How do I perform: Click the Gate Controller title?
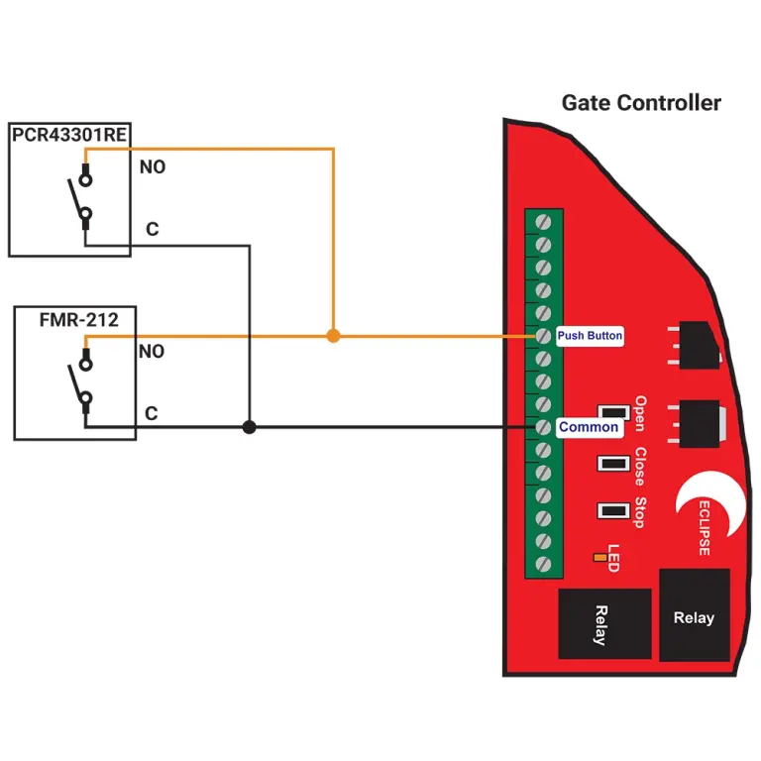coord(641,103)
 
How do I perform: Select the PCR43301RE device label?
coord(69,135)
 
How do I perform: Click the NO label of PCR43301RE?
coord(152,167)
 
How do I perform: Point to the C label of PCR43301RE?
coord(152,230)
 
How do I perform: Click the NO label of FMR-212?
coord(152,352)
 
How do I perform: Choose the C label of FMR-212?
coord(152,414)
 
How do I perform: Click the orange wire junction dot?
coord(333,337)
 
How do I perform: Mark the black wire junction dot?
coord(249,427)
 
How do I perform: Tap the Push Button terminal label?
coord(590,336)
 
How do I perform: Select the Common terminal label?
coord(589,427)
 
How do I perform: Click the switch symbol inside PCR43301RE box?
coord(83,198)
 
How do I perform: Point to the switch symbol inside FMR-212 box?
coord(83,382)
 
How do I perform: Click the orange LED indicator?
coord(599,558)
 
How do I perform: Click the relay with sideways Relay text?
coord(603,623)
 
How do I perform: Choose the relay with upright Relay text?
coord(694,615)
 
